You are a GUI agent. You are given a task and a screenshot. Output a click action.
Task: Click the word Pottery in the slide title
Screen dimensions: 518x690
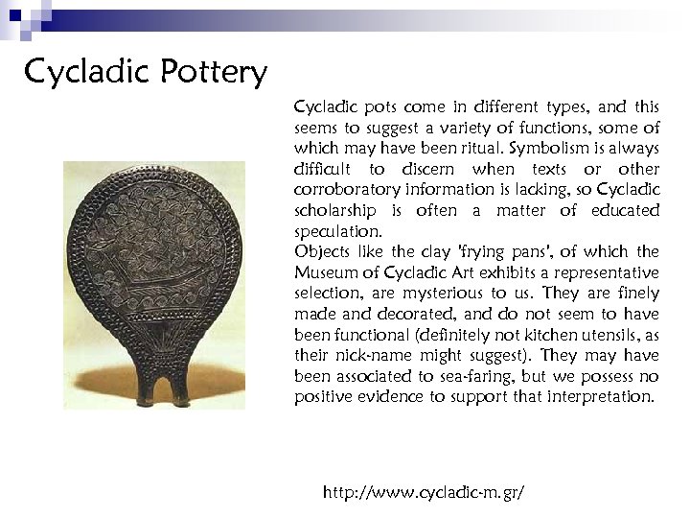tap(210, 73)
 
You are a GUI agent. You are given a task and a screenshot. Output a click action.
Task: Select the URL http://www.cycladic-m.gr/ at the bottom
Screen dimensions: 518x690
tap(425, 492)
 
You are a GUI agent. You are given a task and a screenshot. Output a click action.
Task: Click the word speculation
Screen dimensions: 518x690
tap(337, 232)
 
